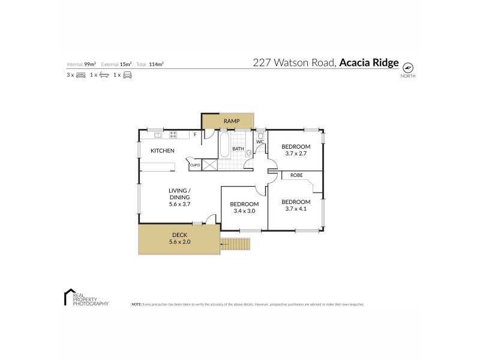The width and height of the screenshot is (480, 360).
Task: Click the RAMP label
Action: click(x=232, y=122)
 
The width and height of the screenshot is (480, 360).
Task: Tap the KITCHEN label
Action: click(x=162, y=151)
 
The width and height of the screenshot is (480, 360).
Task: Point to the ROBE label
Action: click(x=296, y=175)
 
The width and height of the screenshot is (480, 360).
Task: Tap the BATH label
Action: click(x=238, y=149)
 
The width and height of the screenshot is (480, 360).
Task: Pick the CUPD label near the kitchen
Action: click(x=194, y=165)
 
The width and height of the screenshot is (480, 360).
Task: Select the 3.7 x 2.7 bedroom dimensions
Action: click(x=296, y=154)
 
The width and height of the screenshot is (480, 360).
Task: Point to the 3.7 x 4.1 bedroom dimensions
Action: click(x=296, y=209)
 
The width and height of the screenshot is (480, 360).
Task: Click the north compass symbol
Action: click(x=408, y=67)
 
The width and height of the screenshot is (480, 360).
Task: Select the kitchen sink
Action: click(x=158, y=134)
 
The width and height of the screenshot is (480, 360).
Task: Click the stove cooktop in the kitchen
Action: click(x=173, y=134)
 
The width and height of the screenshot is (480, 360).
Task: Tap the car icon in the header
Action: click(x=127, y=75)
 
